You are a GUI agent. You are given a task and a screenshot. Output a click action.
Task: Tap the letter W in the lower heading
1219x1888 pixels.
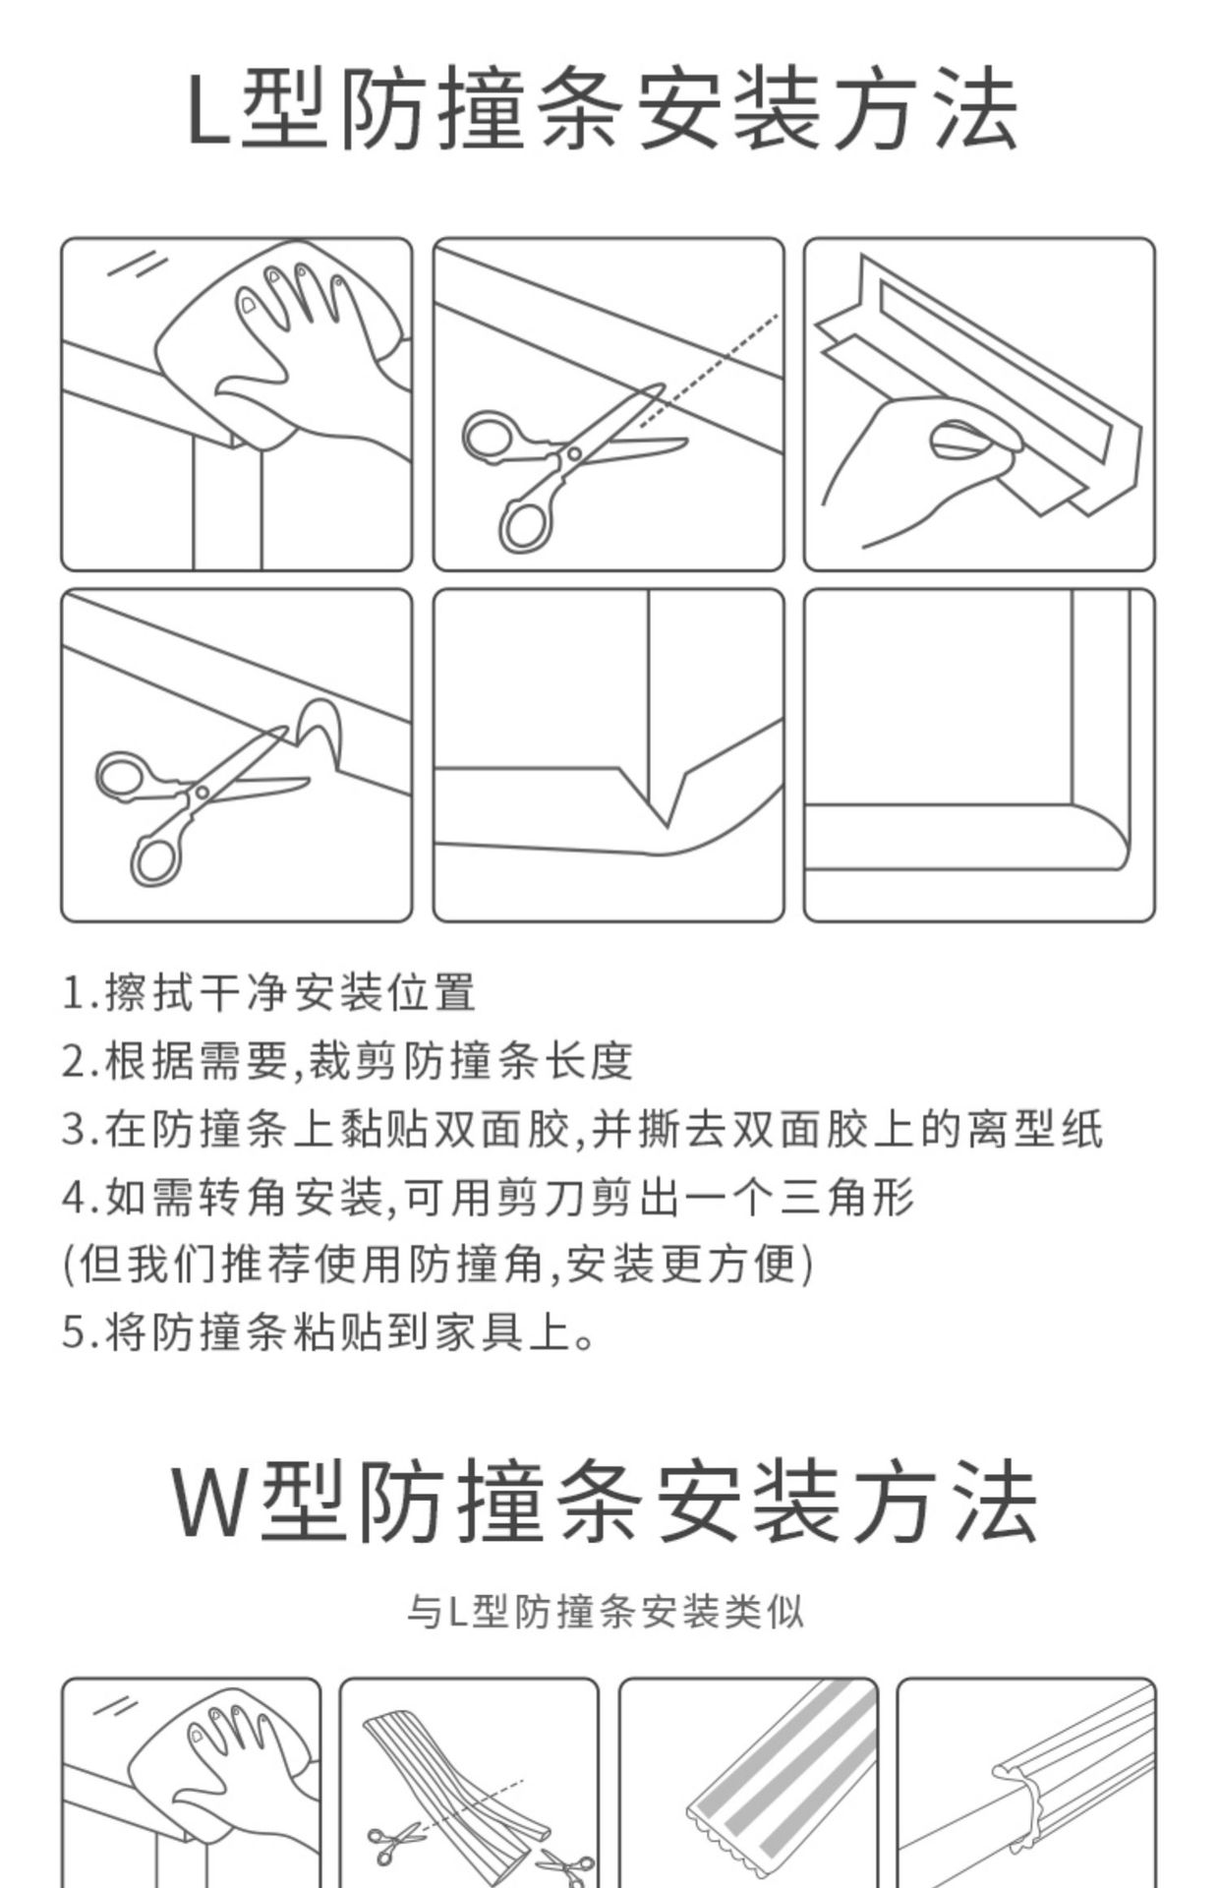[x=214, y=1504]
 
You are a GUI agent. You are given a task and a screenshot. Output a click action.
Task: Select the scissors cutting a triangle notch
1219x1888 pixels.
[x=202, y=801]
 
